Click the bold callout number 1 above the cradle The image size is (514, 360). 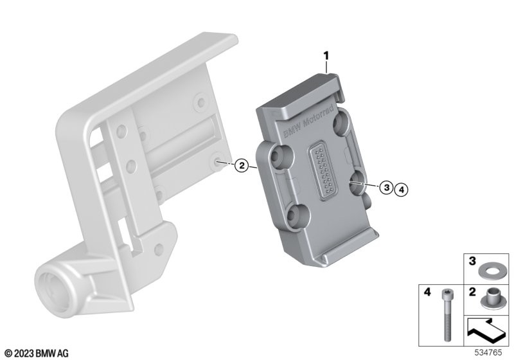point(326,56)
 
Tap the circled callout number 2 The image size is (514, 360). point(242,165)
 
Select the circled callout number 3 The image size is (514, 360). point(387,188)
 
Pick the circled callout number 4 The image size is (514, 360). point(402,189)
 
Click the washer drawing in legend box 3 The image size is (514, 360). point(488,272)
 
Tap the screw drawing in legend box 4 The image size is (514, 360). point(446,314)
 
